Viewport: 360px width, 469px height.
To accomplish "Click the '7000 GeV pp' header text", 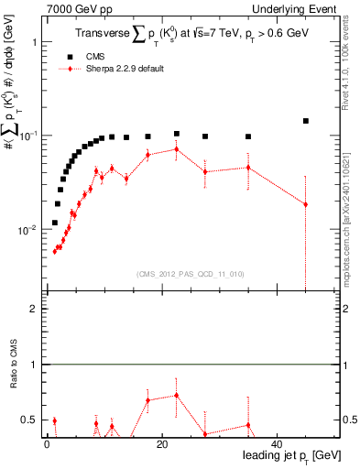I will point(79,8).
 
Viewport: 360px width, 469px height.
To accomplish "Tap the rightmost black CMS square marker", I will point(306,121).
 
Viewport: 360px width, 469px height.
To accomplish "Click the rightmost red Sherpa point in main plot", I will point(306,204).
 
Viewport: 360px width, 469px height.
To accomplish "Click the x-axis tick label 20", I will point(161,444).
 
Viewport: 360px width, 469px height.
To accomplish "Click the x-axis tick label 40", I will point(277,444).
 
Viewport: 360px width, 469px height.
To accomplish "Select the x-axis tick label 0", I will point(47,444).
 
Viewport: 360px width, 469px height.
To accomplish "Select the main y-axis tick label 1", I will point(34,43).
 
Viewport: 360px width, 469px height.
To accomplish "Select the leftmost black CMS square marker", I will point(55,223).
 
